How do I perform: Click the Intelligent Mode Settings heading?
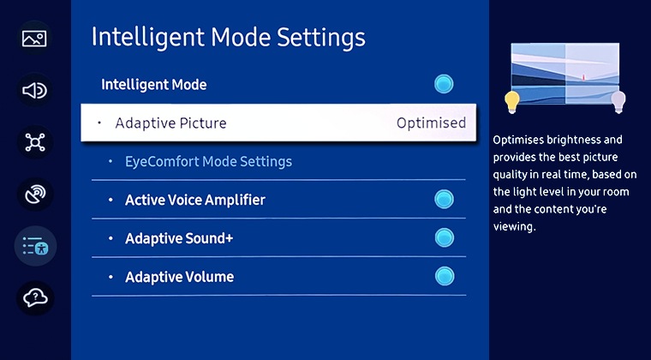coord(228,38)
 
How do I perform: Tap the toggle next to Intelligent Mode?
coord(444,84)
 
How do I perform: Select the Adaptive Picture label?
coord(170,123)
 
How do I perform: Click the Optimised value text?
coord(431,123)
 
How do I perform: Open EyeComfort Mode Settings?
coord(208,161)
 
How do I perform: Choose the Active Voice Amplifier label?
coord(194,200)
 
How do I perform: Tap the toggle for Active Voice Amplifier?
coord(444,200)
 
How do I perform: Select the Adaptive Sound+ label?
coord(179,238)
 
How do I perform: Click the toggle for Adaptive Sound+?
coord(444,238)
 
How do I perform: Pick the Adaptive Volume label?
coord(179,277)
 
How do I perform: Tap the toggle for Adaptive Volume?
coord(444,277)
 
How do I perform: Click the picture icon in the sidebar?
coord(35,39)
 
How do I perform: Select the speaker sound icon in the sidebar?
coord(35,90)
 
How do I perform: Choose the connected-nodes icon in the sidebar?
coord(35,142)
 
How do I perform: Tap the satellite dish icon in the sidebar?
coord(35,195)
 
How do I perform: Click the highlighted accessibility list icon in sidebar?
coord(35,247)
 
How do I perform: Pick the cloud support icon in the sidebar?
coord(35,298)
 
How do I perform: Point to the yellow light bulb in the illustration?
coord(512,102)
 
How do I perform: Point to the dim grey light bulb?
coord(618,102)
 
